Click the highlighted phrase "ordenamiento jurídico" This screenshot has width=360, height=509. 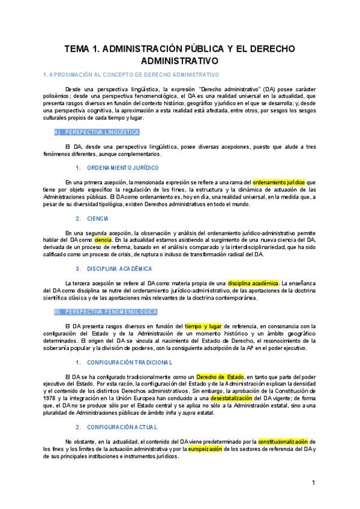pyautogui.click(x=280, y=182)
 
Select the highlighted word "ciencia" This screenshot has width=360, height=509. pyautogui.click(x=103, y=239)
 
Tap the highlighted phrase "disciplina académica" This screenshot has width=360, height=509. pyautogui.click(x=253, y=283)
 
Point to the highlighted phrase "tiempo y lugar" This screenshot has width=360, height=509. pyautogui.click(x=204, y=326)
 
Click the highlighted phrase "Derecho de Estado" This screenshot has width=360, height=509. pyautogui.click(x=220, y=376)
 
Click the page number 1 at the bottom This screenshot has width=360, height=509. pyautogui.click(x=313, y=483)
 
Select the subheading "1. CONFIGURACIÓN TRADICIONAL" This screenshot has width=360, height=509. pyautogui.click(x=116, y=363)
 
